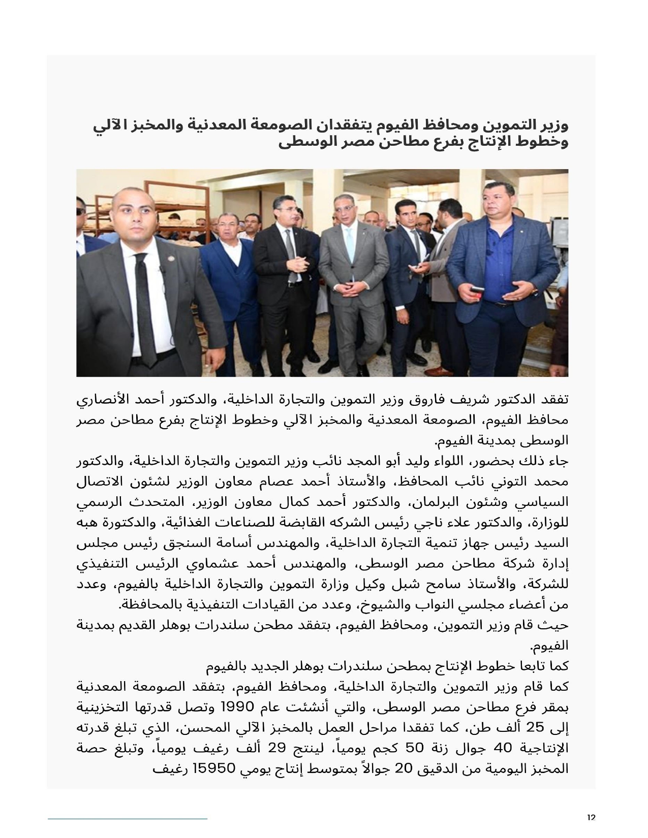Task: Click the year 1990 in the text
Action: click(x=275, y=706)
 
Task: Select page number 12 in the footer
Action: click(x=591, y=817)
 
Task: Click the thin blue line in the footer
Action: click(x=128, y=818)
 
